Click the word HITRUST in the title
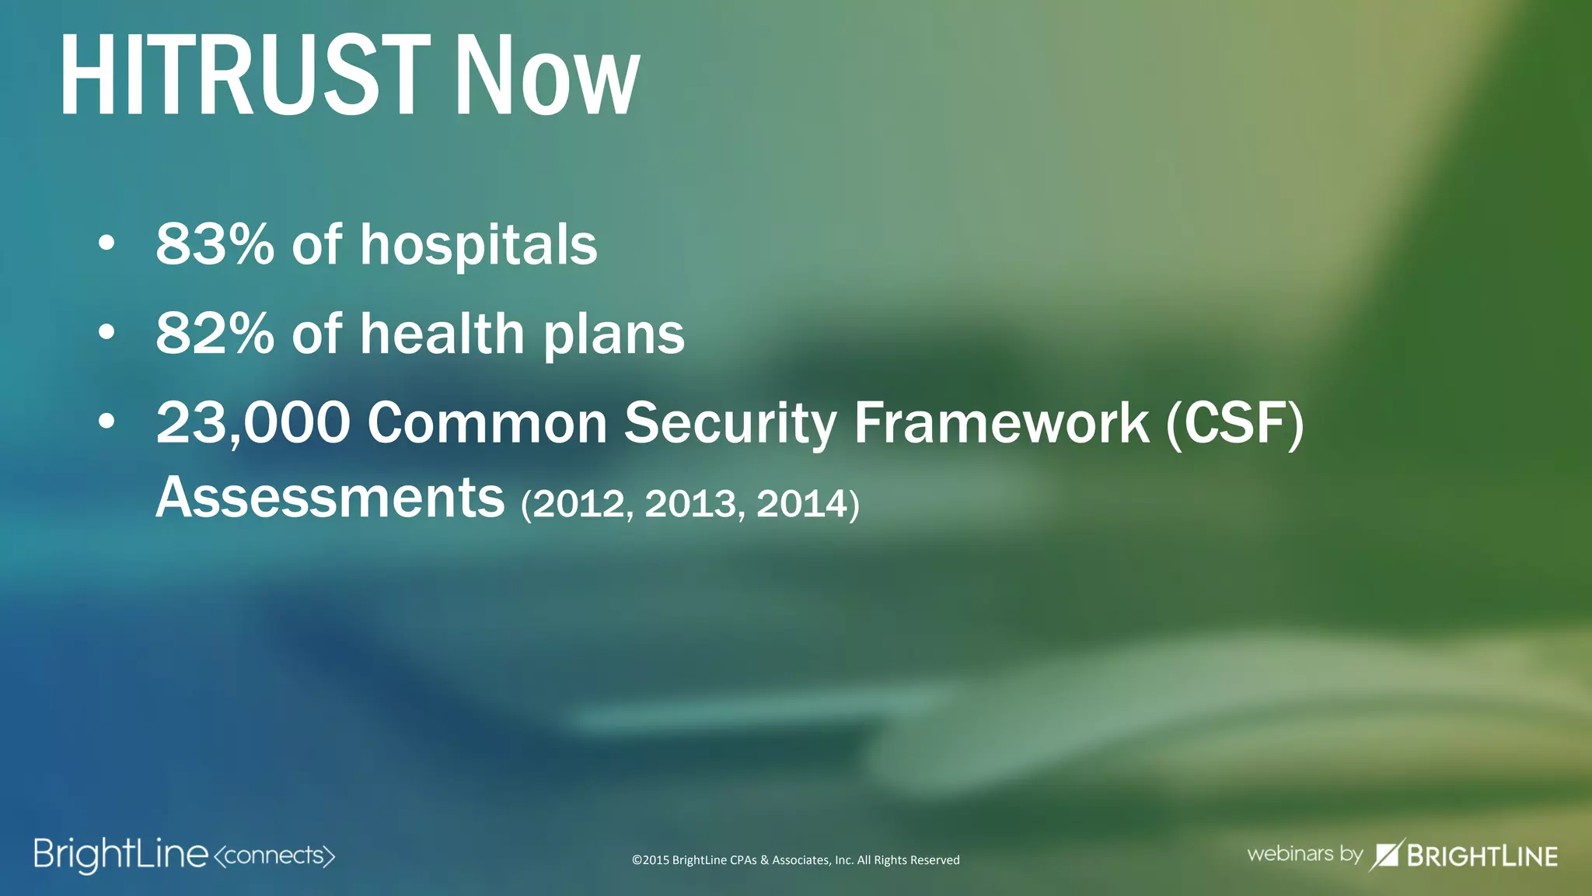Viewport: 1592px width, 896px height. (244, 76)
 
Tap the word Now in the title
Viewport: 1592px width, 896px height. (546, 76)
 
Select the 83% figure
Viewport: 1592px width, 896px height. (215, 244)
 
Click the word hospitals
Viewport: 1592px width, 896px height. (478, 246)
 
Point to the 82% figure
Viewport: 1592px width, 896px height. (215, 334)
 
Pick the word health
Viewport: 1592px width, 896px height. (442, 334)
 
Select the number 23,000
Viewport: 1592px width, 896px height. (253, 424)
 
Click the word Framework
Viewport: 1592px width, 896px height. (1001, 423)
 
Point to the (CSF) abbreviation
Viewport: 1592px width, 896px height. (1234, 424)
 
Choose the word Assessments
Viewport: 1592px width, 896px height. (330, 497)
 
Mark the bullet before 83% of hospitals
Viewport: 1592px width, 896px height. (106, 244)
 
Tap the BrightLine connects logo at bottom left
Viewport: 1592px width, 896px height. (184, 856)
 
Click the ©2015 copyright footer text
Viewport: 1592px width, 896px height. (795, 860)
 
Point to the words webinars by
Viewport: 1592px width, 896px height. (1304, 854)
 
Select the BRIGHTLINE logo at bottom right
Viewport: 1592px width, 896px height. (1464, 856)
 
